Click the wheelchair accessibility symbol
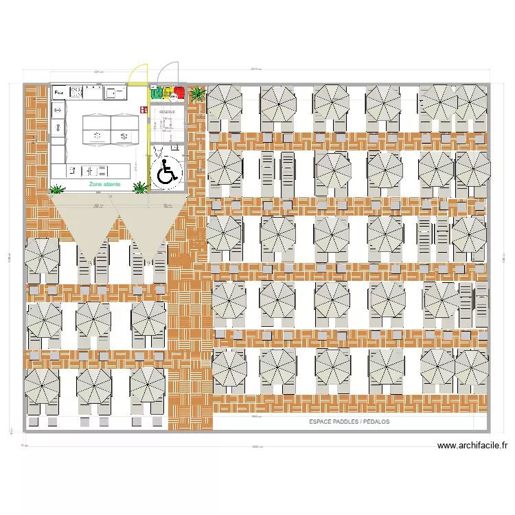[165, 172]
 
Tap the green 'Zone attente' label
[104, 185]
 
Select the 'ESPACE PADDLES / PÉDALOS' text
[349, 422]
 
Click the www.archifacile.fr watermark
[472, 446]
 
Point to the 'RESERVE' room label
[167, 111]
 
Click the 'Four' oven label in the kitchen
[58, 91]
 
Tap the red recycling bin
[180, 91]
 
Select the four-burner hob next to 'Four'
[74, 91]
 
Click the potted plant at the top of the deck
[197, 93]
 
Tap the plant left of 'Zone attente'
[58, 188]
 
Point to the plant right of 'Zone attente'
[141, 187]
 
